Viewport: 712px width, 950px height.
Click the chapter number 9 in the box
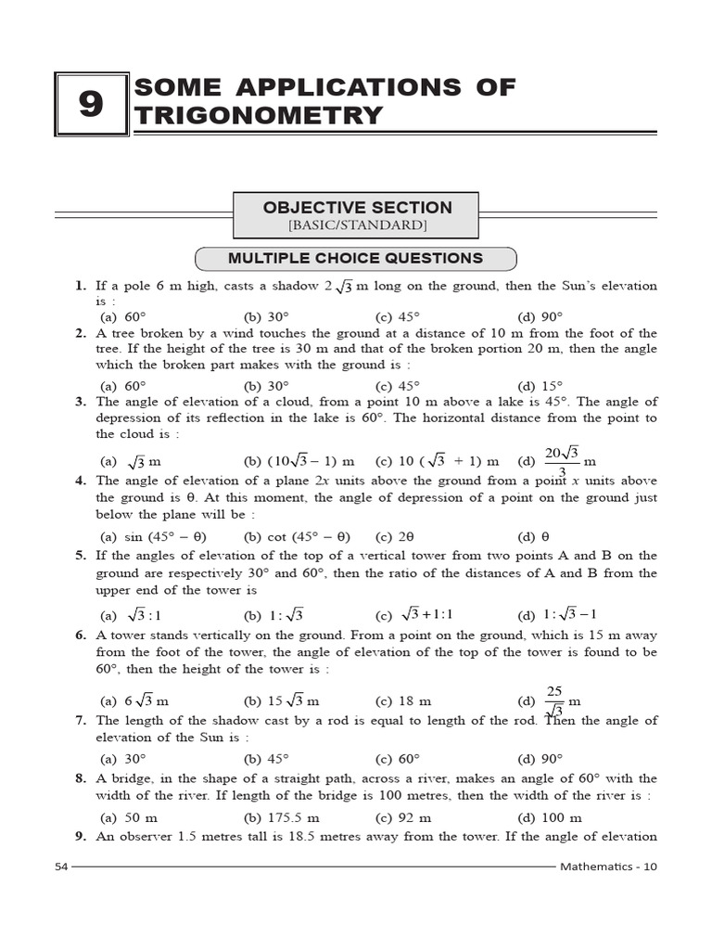tap(90, 105)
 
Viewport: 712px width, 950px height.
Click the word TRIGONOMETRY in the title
tap(259, 115)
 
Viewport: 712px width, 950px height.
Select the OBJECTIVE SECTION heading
tap(357, 208)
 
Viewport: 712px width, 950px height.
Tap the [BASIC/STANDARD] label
tap(357, 225)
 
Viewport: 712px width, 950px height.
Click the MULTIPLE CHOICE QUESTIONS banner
tap(356, 258)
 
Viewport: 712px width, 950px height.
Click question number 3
tap(82, 402)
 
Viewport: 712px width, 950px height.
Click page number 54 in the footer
tap(61, 867)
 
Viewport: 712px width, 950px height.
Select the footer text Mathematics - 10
tap(608, 867)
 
